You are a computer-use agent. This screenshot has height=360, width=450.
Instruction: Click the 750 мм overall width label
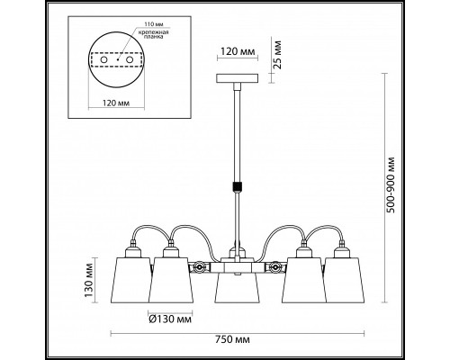[232, 339]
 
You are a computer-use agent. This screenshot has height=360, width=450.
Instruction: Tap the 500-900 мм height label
[391, 184]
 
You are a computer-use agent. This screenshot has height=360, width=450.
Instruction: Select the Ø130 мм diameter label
[170, 319]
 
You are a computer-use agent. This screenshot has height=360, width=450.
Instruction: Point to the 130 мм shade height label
[89, 280]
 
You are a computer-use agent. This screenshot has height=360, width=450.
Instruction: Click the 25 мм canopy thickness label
[278, 55]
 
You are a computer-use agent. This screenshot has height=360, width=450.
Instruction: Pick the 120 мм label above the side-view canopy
[238, 51]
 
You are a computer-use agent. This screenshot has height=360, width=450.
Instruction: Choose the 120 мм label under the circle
[116, 103]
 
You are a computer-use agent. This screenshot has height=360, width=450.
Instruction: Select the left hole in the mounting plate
[104, 60]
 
